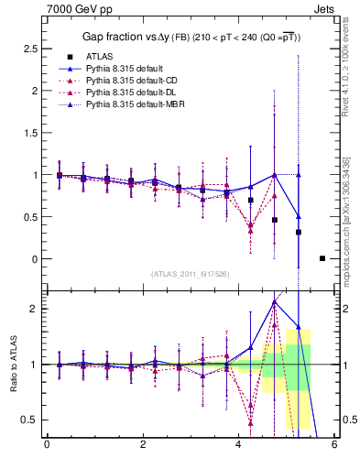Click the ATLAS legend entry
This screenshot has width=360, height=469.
click(100, 57)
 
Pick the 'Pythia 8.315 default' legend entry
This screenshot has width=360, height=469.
click(127, 69)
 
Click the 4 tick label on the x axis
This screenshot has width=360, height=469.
click(238, 446)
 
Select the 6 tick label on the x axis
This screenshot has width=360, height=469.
click(334, 446)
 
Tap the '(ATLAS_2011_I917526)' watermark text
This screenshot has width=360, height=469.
click(191, 274)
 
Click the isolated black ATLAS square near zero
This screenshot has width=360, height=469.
click(322, 258)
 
